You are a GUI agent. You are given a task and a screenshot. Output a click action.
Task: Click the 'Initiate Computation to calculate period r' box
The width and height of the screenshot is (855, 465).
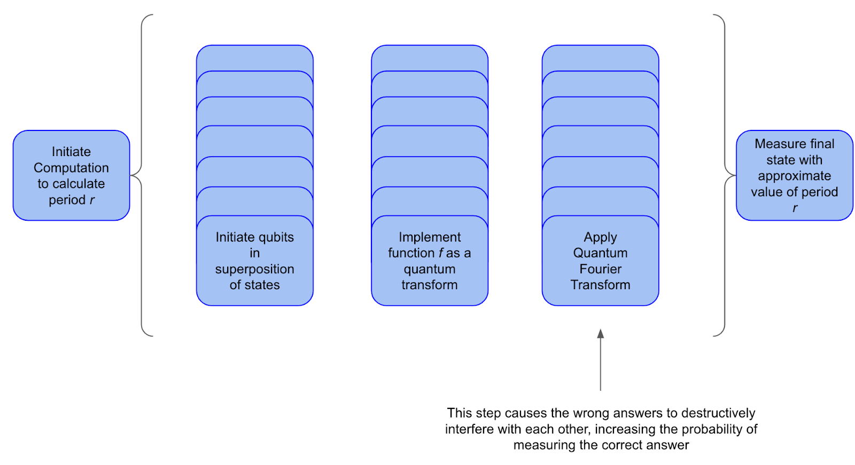pyautogui.click(x=71, y=175)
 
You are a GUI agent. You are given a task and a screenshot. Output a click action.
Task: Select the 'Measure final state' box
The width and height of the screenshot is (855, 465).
pyautogui.click(x=794, y=175)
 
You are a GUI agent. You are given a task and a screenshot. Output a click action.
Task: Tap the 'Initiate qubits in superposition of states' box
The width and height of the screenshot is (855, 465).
pyautogui.click(x=254, y=261)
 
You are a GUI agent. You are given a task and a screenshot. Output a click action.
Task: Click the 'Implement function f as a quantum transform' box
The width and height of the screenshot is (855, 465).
pyautogui.click(x=429, y=261)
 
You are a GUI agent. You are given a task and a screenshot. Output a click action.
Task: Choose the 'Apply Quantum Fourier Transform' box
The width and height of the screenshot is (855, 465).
pyautogui.click(x=600, y=261)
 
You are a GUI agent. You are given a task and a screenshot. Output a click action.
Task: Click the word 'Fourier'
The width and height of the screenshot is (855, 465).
pyautogui.click(x=600, y=269)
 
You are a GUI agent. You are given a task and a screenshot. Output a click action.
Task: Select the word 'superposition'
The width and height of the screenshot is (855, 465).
pyautogui.click(x=254, y=269)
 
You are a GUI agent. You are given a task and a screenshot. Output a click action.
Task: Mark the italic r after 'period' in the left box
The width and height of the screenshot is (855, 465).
pyautogui.click(x=92, y=200)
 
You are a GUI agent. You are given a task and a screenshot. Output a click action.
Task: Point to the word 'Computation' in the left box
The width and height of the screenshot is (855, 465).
pyautogui.click(x=71, y=168)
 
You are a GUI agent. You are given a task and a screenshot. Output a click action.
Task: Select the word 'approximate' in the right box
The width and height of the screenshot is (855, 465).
pyautogui.click(x=794, y=176)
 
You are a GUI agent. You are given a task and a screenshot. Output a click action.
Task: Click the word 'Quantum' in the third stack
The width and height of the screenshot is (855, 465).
pyautogui.click(x=600, y=253)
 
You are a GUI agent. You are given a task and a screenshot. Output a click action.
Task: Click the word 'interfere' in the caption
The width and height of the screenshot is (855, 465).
pyautogui.click(x=469, y=429)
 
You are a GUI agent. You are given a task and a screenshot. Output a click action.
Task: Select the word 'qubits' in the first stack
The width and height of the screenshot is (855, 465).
pyautogui.click(x=276, y=237)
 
